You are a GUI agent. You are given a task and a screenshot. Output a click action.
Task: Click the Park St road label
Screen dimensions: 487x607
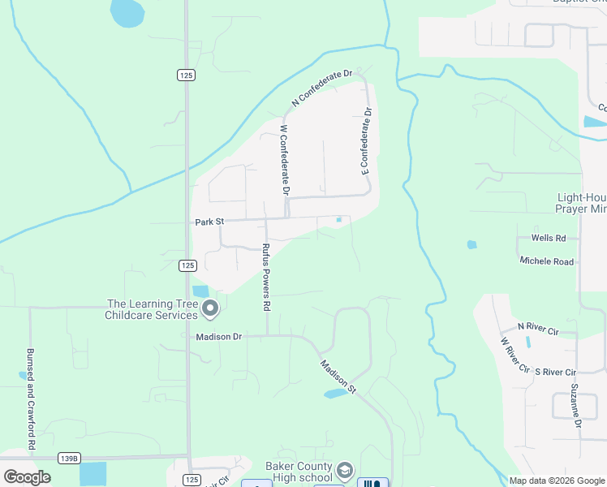click(209, 222)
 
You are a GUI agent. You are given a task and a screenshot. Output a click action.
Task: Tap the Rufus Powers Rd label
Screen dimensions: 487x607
click(265, 278)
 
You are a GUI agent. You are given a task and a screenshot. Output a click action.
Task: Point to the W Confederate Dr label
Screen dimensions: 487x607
click(285, 159)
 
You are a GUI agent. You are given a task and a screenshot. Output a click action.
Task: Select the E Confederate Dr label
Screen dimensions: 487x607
click(366, 141)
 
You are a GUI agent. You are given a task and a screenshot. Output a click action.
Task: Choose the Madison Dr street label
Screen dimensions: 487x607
click(219, 336)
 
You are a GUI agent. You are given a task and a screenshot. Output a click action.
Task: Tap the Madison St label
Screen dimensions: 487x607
click(338, 377)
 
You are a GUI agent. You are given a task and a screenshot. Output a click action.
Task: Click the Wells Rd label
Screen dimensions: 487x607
click(548, 238)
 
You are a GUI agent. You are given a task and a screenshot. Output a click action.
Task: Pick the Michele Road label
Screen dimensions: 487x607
click(547, 261)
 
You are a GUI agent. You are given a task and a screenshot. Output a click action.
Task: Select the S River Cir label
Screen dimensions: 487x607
click(555, 372)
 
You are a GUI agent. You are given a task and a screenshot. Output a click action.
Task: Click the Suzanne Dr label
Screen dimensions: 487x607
click(575, 405)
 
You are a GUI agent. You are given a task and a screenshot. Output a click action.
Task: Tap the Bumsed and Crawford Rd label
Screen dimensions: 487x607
click(31, 400)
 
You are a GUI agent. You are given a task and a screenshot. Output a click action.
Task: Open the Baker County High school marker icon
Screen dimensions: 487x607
click(345, 470)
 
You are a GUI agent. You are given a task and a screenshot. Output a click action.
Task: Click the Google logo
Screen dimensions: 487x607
click(27, 477)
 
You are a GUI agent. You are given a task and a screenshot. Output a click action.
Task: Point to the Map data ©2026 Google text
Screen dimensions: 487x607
click(557, 481)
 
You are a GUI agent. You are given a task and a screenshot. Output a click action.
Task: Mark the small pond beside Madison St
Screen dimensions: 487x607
click(334, 394)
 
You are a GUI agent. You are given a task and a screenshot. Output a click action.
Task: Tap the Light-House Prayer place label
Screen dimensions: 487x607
click(581, 203)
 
